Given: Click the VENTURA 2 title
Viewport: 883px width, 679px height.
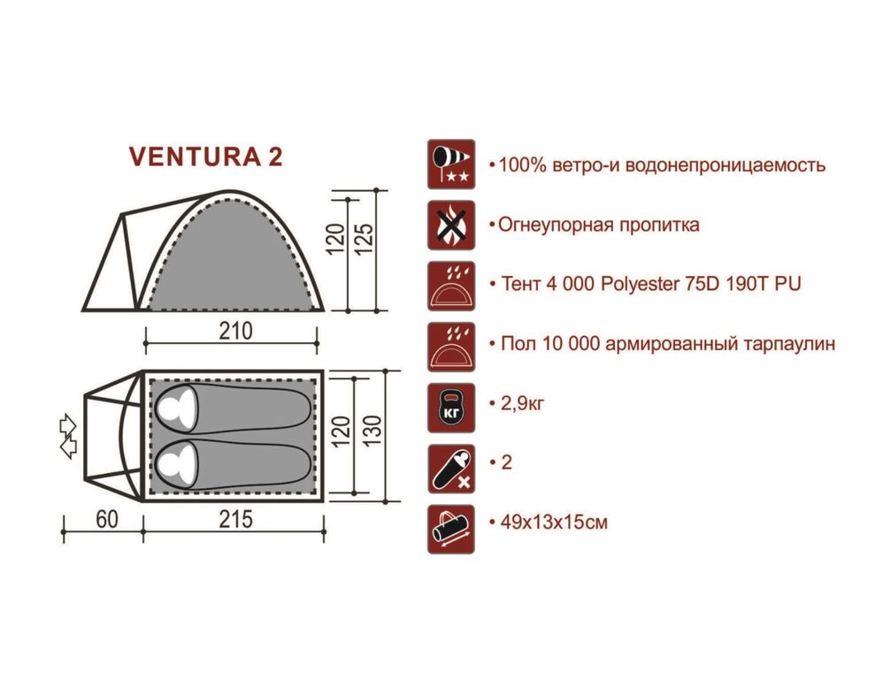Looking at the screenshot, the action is pos(205,156).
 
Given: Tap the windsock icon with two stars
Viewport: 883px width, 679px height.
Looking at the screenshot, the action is pos(451,164).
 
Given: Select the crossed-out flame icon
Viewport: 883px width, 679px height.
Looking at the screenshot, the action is pos(451,225).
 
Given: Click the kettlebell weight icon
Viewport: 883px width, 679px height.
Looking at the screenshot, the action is pos(451,408).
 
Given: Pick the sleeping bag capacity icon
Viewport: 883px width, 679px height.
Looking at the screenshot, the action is pos(451,469).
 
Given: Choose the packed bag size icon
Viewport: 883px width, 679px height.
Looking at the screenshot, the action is pos(451,530).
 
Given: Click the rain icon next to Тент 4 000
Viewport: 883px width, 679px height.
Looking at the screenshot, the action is pos(451,286).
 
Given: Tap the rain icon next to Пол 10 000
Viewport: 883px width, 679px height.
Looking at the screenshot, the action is pos(451,347).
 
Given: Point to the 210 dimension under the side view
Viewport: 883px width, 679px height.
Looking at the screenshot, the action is pos(235,332).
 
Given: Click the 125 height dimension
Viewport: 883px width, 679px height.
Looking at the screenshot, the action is pos(365,239).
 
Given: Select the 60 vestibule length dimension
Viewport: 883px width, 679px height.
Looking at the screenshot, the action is pos(107,519).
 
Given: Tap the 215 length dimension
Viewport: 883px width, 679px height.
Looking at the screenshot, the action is pos(235,519).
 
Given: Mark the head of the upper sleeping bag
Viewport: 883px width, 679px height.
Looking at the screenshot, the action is pos(176,408).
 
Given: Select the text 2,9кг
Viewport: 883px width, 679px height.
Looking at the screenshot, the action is pos(523,403).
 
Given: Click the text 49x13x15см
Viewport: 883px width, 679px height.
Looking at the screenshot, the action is pos(554,522).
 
